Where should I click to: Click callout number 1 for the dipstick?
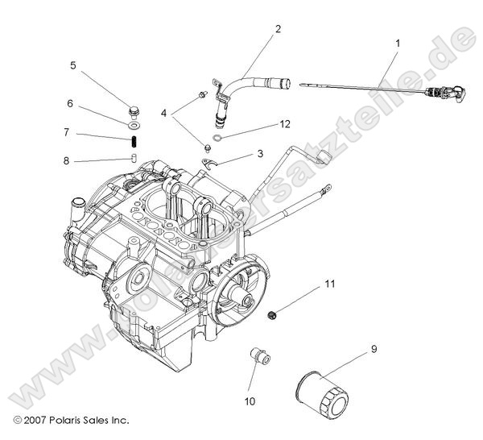(396, 40)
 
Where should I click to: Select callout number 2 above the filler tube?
(278, 30)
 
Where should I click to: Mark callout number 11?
(328, 284)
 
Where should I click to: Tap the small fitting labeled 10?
(258, 356)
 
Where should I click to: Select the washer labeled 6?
(132, 124)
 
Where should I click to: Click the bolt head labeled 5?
(133, 110)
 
